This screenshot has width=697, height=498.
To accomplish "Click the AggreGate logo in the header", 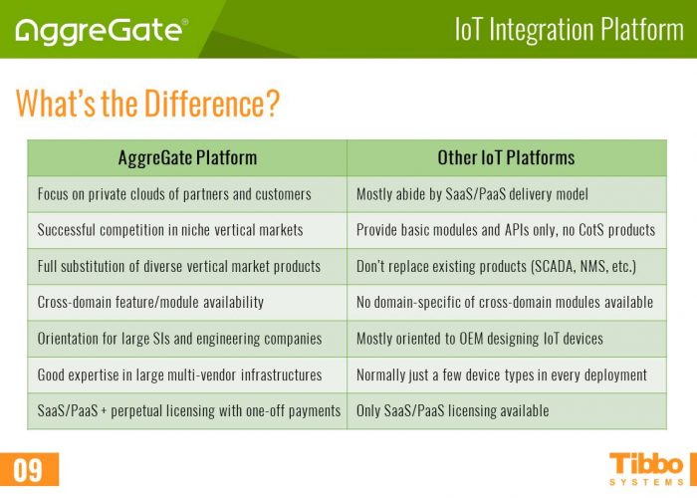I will [101, 29].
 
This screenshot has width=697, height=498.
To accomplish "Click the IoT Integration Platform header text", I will [569, 29].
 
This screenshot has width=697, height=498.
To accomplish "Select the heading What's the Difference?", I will [146, 103].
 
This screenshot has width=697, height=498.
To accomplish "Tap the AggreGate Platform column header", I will [187, 157].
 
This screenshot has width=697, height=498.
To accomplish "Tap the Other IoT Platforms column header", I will [506, 157].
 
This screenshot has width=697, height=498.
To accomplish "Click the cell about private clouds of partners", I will [174, 194].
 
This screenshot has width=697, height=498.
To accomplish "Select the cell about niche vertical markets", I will [170, 230].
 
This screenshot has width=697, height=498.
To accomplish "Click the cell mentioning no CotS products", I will [506, 230].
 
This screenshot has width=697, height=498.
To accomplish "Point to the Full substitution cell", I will [179, 266].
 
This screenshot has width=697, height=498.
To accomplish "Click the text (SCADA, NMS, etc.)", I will [578, 266].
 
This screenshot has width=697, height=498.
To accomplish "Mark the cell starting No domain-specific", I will [505, 302].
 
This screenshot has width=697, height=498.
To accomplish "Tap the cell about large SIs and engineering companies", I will [179, 339].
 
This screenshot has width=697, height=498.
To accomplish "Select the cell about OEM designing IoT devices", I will [480, 339].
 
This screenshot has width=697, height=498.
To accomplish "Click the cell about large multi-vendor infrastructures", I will [179, 374].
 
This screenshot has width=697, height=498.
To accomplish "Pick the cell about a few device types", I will [502, 374].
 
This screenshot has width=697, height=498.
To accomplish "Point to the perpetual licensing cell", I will [188, 410].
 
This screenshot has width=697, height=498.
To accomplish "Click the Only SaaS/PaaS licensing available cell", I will [452, 410].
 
